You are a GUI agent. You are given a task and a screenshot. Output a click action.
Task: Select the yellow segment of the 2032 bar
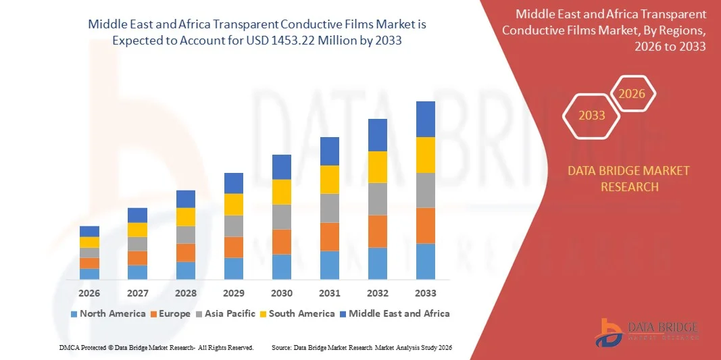(377, 167)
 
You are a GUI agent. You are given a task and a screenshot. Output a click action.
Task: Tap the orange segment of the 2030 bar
(282, 242)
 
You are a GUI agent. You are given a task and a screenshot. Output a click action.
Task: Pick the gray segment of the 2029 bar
(234, 226)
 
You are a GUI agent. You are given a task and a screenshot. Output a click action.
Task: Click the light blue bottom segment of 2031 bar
(330, 265)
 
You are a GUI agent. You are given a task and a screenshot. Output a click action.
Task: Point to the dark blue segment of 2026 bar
(89, 231)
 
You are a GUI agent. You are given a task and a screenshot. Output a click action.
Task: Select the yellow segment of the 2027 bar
(137, 230)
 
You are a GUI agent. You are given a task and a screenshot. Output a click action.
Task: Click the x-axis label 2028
(186, 293)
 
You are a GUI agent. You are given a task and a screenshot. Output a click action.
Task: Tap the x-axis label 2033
(426, 293)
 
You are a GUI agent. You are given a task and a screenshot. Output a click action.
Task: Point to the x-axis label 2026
(89, 293)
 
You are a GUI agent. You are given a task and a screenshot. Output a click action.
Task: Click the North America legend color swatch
(74, 314)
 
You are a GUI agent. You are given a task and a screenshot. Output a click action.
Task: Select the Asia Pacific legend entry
(226, 313)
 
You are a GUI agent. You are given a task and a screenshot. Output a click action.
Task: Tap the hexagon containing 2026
(633, 94)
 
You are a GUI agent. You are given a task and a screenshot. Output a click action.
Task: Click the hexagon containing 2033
(591, 115)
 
